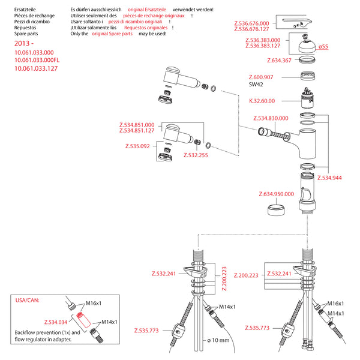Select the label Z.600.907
coord(261,77)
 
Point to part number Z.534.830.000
coord(271,118)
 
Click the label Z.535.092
coord(137,146)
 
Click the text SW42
coord(256,85)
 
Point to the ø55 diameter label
coord(323,47)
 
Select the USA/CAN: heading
coord(26,298)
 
